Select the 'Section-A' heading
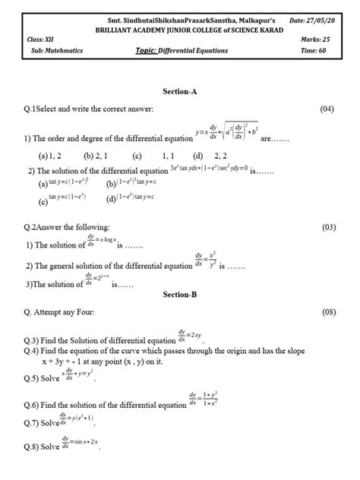(x=180, y=91)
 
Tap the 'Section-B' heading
(x=179, y=294)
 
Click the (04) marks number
(x=327, y=109)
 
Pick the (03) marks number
(x=327, y=227)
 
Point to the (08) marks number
(x=327, y=312)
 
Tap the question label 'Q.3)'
(x=33, y=340)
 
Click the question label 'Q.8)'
(x=33, y=447)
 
